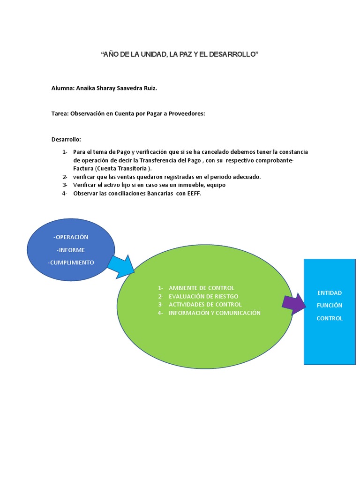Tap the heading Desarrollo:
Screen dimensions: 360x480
point(66,139)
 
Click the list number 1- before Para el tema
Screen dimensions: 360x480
point(65,152)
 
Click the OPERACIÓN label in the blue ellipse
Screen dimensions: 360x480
point(72,237)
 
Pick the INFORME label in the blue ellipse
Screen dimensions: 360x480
point(72,250)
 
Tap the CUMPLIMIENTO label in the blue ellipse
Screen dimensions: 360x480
point(72,262)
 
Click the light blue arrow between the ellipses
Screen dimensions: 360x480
point(120,266)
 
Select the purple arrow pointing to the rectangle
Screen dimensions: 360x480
point(294,304)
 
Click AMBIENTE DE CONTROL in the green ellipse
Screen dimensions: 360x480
point(202,288)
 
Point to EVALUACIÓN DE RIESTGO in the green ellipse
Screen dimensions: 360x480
point(203,296)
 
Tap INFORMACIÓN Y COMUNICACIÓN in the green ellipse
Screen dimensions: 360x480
point(215,313)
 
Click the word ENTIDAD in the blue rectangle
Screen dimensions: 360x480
point(330,293)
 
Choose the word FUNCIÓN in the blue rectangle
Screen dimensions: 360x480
point(330,306)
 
